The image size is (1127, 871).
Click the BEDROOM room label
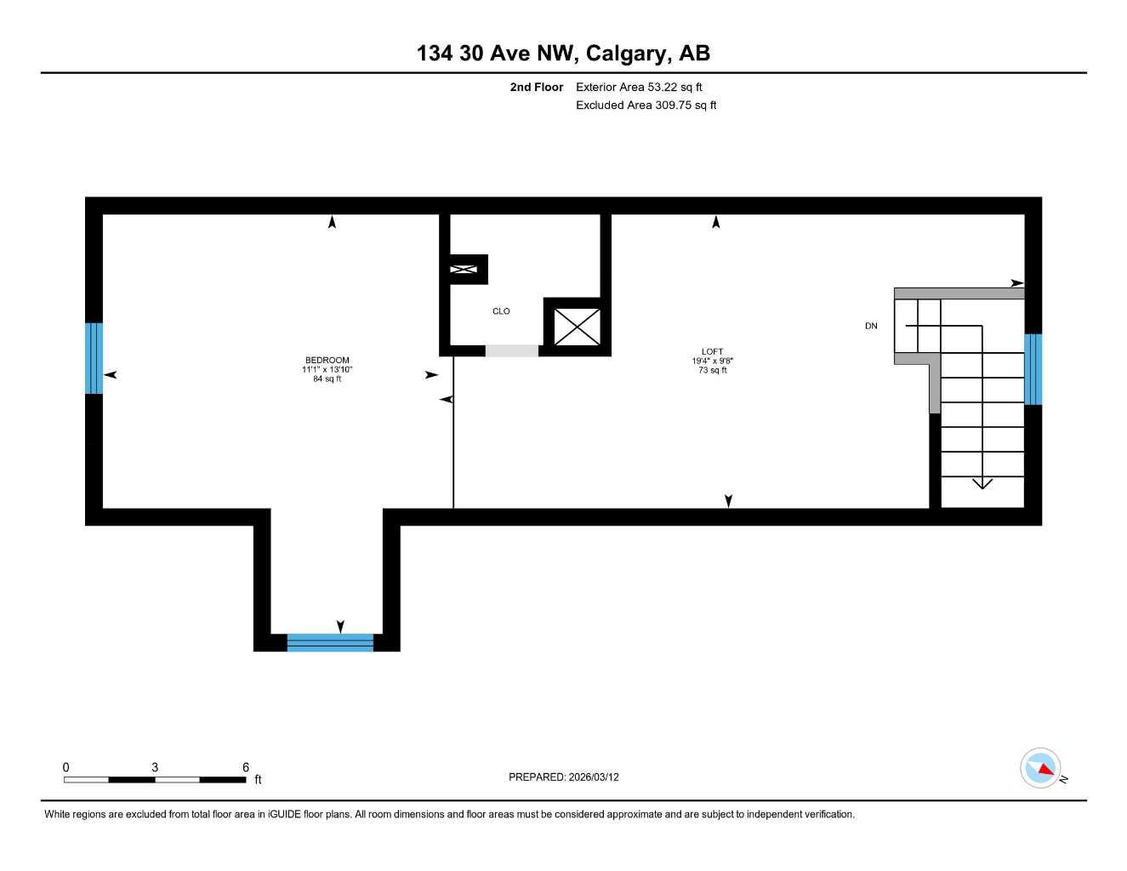coord(327,361)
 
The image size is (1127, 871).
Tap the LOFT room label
coord(712,352)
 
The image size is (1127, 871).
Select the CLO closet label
coord(501,311)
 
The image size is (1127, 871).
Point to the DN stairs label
coord(871,327)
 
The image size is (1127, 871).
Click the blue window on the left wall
coord(94,358)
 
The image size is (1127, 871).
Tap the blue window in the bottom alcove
coord(330,642)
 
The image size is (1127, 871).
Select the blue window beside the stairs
coord(1033,369)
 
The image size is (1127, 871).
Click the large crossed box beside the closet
coord(577,327)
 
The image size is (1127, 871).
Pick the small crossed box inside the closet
coord(464,270)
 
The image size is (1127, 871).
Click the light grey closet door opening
coord(511,350)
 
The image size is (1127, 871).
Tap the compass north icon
coord(1040,768)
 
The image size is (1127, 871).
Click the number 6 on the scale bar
coord(246,767)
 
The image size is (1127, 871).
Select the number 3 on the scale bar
coord(155,767)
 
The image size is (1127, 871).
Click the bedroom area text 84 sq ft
coord(327,379)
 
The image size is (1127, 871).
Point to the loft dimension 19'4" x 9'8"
coord(713,361)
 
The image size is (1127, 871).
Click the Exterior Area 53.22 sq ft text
coord(639,87)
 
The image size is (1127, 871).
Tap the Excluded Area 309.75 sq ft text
coord(646,105)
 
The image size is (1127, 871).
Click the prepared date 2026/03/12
coord(594,777)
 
